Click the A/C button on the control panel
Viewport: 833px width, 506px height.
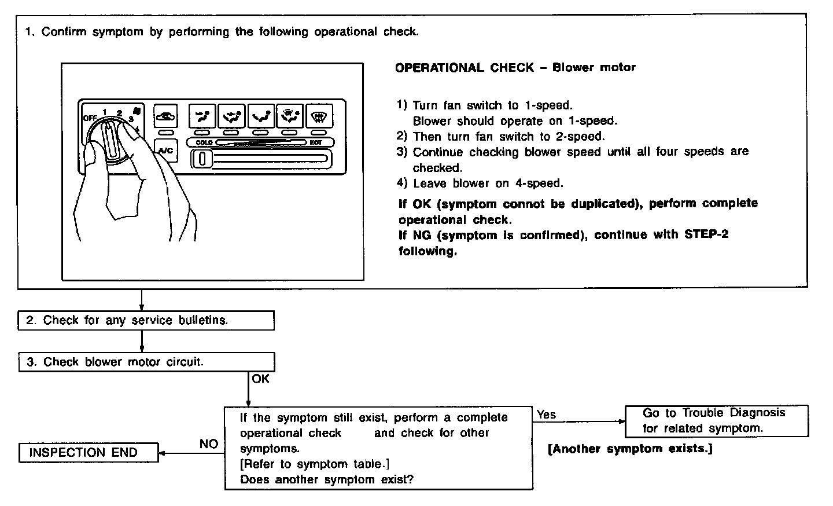point(165,150)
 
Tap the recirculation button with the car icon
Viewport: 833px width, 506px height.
point(166,116)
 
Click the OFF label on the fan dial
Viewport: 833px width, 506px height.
point(89,118)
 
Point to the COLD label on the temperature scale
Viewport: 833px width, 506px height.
point(204,142)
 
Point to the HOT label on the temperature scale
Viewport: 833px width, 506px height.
point(316,142)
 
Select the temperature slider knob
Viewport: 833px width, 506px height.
point(202,159)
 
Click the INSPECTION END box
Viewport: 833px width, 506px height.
point(88,453)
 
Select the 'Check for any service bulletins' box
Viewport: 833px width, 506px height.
point(146,321)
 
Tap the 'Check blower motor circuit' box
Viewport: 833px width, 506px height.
point(146,362)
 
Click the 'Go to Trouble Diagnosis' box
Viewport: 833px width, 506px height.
point(716,421)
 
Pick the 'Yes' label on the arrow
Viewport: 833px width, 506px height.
point(546,415)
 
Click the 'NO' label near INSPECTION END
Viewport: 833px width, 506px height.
point(209,444)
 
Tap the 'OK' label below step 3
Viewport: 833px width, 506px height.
point(260,379)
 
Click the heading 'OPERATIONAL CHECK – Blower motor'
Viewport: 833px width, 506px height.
point(515,68)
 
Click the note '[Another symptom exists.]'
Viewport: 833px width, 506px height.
point(629,449)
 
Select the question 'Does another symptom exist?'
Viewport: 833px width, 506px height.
point(326,479)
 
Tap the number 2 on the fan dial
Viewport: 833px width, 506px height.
point(119,113)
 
